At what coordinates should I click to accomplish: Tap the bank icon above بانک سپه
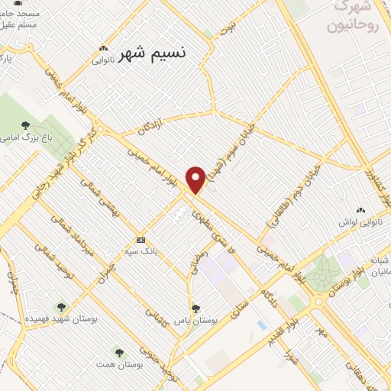pyautogui.click(x=141, y=239)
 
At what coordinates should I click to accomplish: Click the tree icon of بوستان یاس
pyautogui.click(x=196, y=309)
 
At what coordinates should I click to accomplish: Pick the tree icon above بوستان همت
pyautogui.click(x=118, y=352)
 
